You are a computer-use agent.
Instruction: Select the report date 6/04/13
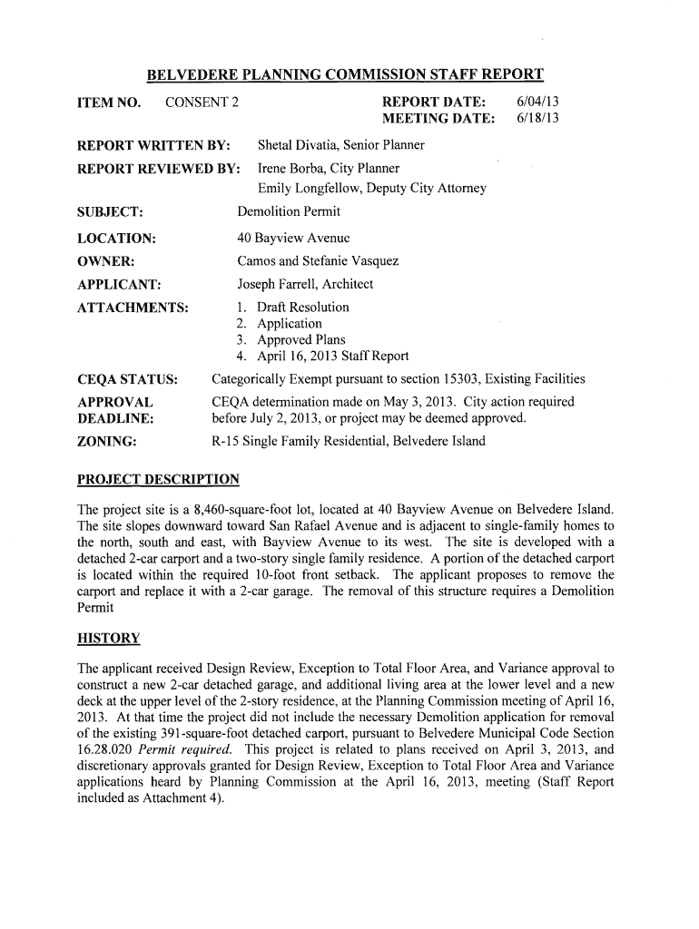tap(536, 101)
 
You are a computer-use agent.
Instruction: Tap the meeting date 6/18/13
tap(536, 119)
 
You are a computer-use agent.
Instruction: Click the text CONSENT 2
tap(202, 101)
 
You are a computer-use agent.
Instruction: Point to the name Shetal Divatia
tap(300, 145)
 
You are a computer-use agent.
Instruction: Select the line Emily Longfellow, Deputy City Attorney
tap(372, 189)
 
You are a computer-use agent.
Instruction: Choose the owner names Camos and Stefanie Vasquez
tap(318, 261)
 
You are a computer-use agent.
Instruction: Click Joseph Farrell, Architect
tap(305, 284)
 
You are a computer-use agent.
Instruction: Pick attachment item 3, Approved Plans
tap(300, 339)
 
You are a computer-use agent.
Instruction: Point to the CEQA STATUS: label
tap(127, 378)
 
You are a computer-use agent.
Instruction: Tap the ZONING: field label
tap(107, 442)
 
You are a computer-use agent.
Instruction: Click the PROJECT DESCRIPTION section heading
tap(159, 479)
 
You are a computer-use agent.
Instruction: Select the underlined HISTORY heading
tap(109, 638)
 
